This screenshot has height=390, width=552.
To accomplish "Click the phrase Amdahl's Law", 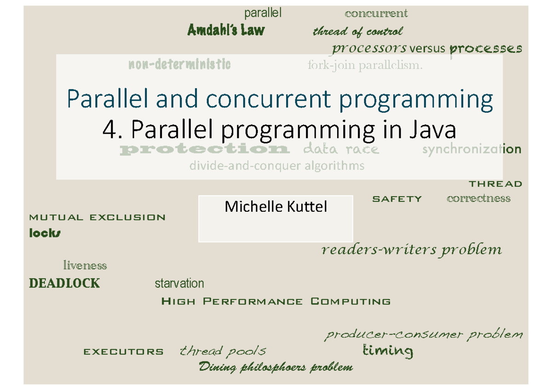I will (226, 31).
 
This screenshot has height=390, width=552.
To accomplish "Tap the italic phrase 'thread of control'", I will (357, 32).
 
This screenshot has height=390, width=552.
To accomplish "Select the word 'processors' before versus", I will (369, 48).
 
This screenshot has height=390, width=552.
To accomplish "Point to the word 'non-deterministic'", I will (179, 65).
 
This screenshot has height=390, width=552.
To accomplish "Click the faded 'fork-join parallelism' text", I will (364, 66).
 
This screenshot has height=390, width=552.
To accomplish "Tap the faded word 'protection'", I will (204, 149).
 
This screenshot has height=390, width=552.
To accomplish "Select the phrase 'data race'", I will (341, 149).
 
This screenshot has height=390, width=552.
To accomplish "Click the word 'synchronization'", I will (471, 149).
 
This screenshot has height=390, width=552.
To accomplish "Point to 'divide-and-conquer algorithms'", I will (277, 165).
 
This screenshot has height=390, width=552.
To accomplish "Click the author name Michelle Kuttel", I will (276, 207).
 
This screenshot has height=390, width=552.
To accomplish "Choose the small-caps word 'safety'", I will (397, 199).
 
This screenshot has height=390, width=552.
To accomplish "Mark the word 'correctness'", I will (478, 198).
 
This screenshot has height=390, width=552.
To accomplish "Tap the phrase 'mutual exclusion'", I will (97, 217).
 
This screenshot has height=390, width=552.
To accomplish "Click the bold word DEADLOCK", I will (64, 283).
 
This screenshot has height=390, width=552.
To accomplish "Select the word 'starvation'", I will (179, 283).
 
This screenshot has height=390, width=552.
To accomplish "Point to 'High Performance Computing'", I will (276, 302).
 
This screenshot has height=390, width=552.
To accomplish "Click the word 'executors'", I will (123, 352).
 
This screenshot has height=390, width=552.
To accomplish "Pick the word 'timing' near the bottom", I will (388, 351).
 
